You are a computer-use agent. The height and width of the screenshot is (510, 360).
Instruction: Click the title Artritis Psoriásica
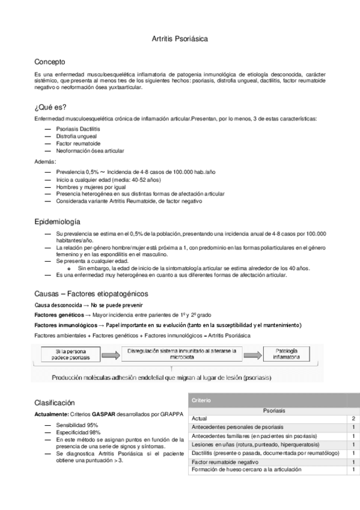click(x=180, y=38)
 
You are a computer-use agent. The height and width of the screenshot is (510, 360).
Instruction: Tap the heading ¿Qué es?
click(x=50, y=108)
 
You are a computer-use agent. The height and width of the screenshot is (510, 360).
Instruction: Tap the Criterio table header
click(x=201, y=400)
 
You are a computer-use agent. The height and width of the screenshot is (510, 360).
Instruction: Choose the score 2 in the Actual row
click(x=353, y=417)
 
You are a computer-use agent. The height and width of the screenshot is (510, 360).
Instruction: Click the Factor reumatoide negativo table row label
click(x=220, y=461)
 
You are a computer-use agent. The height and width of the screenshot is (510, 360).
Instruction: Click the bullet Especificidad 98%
click(x=78, y=432)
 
